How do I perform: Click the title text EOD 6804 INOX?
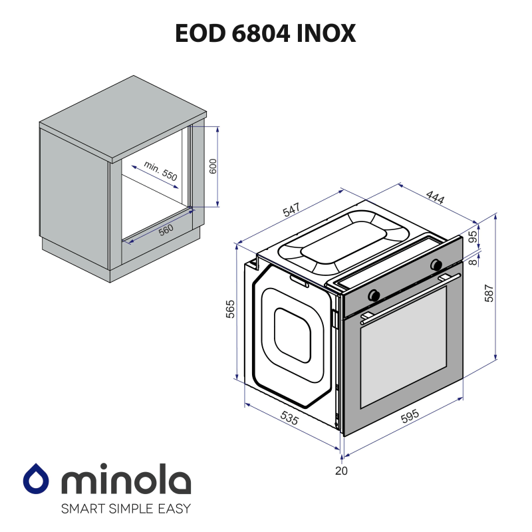265,33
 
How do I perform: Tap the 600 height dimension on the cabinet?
213,166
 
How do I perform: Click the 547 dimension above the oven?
291,209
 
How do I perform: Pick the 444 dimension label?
435,198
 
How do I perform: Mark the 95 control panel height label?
473,237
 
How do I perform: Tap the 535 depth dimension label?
289,418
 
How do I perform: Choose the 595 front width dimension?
410,416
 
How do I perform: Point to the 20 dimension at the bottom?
341,471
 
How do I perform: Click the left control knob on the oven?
375,293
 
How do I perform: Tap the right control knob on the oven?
437,264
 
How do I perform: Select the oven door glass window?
403,349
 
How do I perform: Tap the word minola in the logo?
126,481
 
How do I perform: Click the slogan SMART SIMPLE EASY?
126,509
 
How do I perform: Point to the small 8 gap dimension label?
473,262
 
